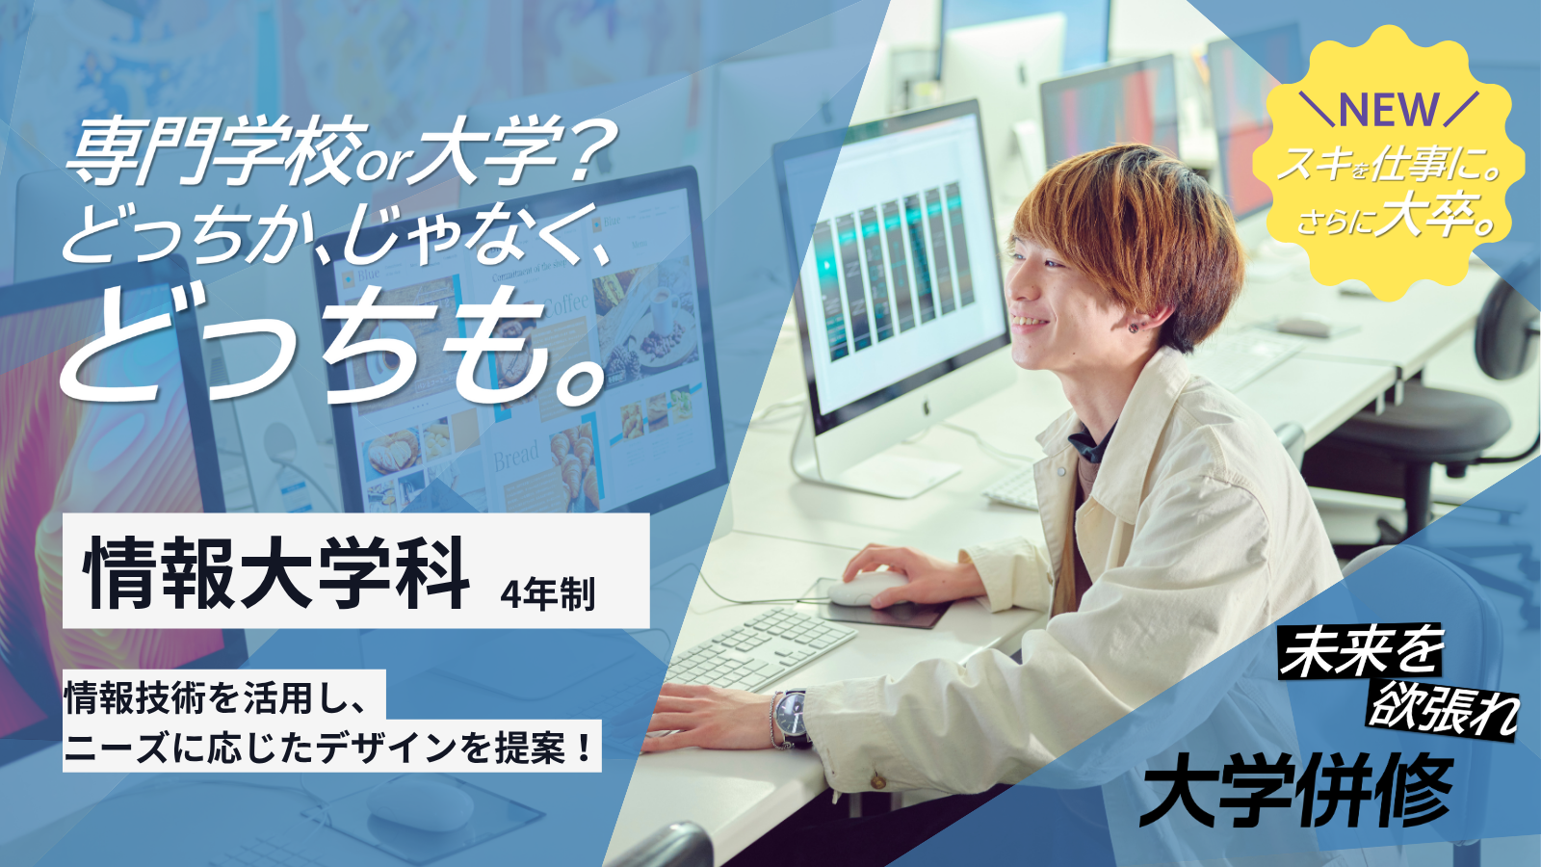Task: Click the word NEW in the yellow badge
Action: tap(1389, 108)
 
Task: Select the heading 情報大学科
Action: tap(276, 573)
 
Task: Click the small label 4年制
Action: tap(548, 593)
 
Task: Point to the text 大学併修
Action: tap(1296, 791)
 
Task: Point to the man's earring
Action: tap(1132, 328)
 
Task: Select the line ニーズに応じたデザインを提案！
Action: tap(328, 748)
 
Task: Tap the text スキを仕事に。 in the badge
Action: tap(1389, 165)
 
